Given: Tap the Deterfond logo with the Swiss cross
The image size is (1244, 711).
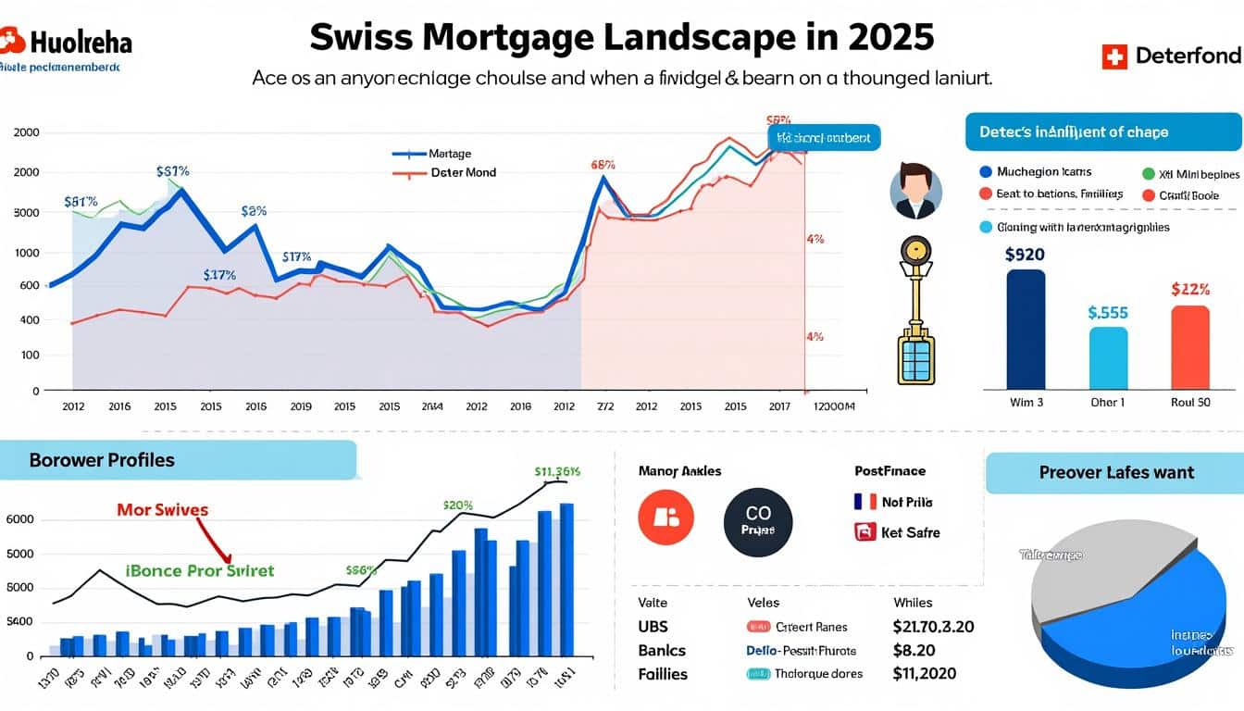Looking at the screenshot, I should [x=1171, y=56].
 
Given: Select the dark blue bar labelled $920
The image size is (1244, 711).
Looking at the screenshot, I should [x=1025, y=329].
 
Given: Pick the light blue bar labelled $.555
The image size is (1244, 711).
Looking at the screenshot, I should [x=1108, y=357].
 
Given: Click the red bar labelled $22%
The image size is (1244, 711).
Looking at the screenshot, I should [x=1189, y=347].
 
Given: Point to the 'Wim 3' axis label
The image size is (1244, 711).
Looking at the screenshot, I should [x=1025, y=403].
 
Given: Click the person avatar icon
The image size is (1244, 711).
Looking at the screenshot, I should [x=915, y=191].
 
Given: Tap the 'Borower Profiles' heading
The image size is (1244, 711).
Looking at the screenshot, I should [x=102, y=460].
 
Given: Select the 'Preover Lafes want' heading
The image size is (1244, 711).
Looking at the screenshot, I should [x=1116, y=472].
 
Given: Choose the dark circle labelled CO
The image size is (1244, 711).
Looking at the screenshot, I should [x=757, y=522].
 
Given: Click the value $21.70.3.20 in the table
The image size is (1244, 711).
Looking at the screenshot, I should [x=933, y=627].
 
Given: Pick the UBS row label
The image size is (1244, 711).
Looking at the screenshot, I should [x=653, y=627].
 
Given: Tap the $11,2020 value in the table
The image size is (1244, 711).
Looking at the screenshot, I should [x=925, y=674].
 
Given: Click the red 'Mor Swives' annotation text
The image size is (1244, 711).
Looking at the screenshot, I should [x=163, y=509].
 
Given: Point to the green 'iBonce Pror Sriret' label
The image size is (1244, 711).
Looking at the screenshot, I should [x=199, y=570].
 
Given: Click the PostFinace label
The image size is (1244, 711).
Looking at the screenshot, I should [x=889, y=471].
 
